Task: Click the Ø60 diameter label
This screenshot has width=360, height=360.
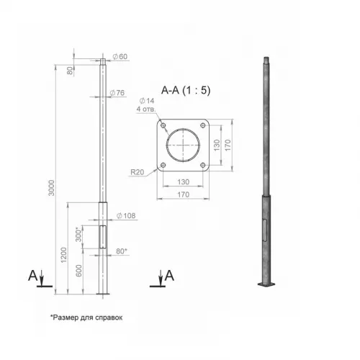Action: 120,57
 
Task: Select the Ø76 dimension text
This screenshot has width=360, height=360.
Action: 117,93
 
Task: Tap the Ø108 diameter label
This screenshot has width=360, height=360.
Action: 126,216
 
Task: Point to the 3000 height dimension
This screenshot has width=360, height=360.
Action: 52,188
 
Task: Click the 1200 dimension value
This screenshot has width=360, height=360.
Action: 64,255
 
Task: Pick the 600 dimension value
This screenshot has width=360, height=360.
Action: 78,271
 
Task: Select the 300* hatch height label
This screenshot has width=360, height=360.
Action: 78,235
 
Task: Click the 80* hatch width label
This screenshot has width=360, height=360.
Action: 122,251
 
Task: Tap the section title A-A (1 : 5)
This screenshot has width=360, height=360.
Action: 186,90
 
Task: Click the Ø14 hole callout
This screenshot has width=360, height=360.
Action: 147,101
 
